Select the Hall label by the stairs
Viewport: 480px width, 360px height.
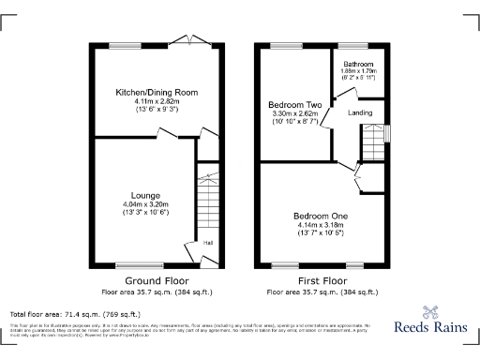coord(207,244)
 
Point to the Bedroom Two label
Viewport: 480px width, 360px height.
coord(294,103)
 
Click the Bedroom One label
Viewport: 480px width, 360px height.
coord(322,215)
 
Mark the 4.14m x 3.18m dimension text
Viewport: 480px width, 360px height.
coord(322,225)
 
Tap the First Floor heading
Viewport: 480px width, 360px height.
coord(322,280)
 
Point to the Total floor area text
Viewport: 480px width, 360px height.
coord(75,314)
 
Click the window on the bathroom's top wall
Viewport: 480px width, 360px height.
coord(358,45)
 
